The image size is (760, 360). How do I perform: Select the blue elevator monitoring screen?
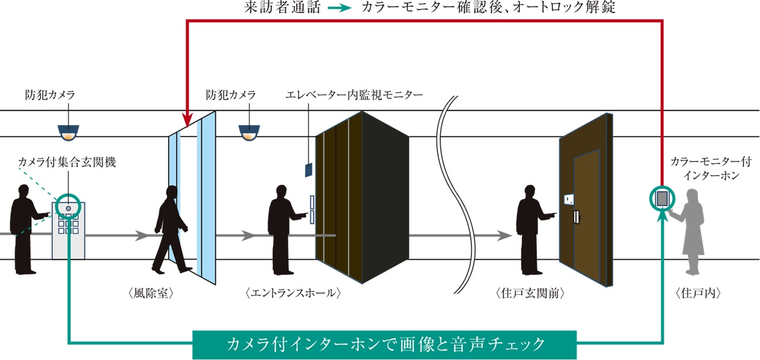point(308,169)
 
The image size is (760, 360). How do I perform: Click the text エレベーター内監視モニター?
point(354,95)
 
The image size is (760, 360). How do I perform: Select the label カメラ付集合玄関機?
point(66,162)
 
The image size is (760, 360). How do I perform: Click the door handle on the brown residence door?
point(575,217)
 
